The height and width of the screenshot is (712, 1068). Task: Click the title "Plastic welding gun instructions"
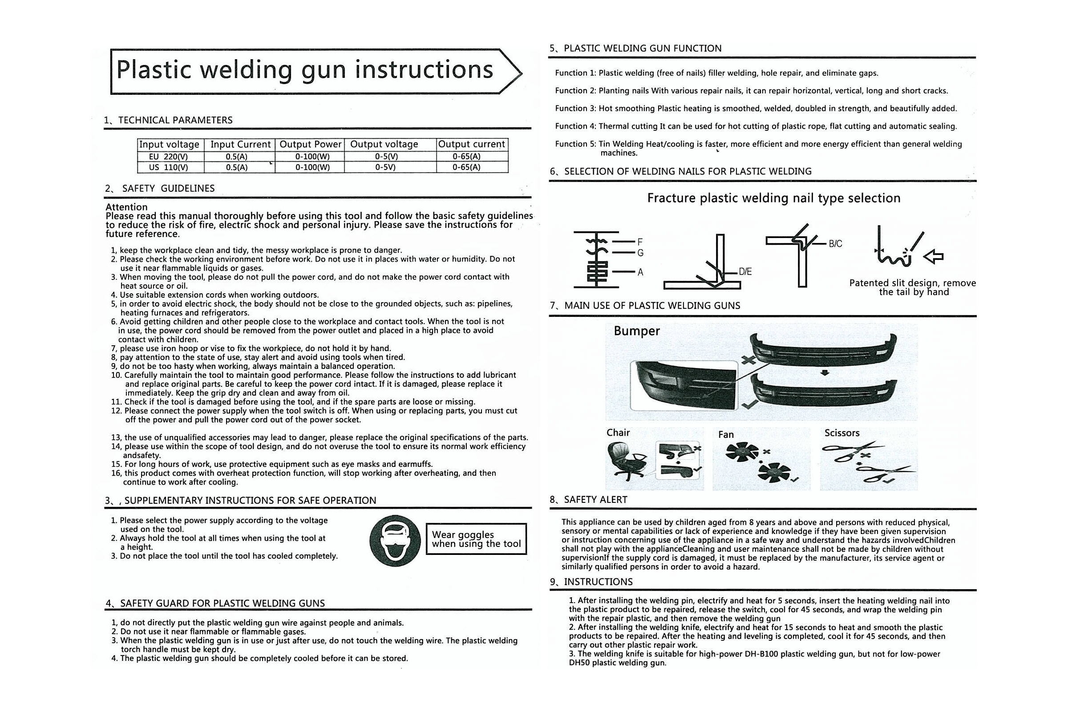[305, 70]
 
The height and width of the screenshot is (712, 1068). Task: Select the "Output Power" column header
[310, 144]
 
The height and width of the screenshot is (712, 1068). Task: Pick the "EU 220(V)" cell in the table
[169, 157]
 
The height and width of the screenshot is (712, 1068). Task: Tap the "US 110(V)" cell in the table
[169, 167]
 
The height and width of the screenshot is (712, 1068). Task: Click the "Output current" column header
[472, 144]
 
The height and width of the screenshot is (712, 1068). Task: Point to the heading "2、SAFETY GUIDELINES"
[160, 188]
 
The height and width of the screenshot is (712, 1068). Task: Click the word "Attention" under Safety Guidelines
[127, 207]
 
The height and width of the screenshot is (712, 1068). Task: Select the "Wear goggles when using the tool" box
[476, 539]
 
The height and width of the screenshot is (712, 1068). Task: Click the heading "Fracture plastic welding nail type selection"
[774, 198]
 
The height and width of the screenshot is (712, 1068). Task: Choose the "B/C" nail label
[835, 244]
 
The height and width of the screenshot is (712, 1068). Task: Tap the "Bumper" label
[637, 331]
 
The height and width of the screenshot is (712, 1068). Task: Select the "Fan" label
[726, 435]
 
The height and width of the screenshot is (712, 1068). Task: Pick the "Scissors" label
[842, 433]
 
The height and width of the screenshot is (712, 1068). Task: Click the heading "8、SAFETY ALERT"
[588, 500]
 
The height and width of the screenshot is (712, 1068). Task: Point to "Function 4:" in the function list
[575, 126]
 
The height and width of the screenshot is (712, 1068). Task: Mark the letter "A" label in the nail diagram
[640, 272]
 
